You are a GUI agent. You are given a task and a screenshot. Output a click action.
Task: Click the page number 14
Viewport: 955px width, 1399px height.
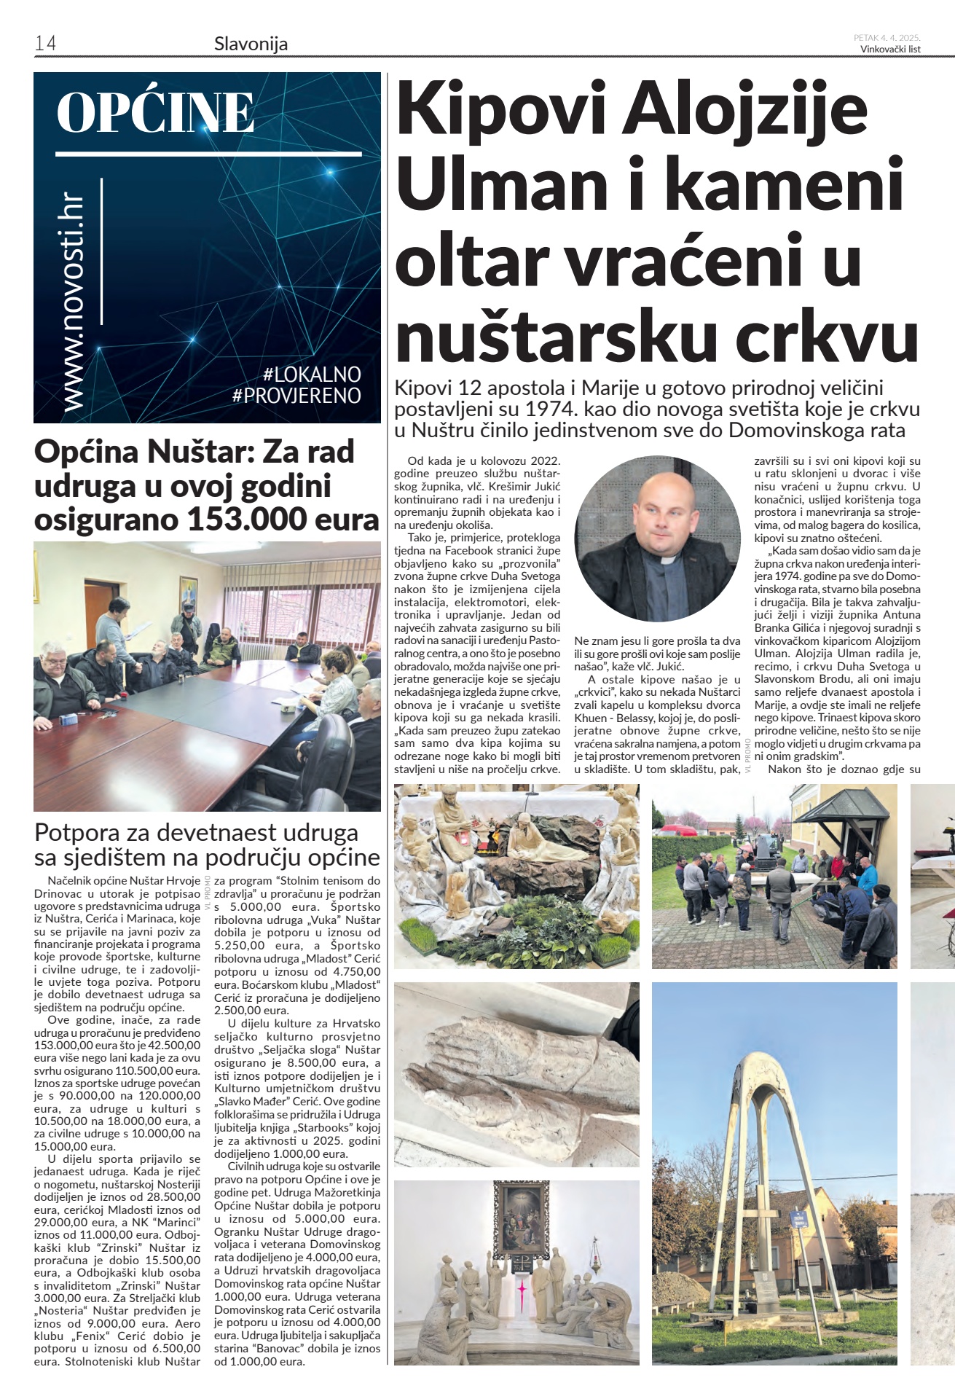(45, 44)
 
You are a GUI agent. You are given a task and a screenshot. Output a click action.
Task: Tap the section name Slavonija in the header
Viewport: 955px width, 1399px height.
(251, 44)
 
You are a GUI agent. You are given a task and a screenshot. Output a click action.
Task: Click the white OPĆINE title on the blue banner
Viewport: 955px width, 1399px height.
(155, 113)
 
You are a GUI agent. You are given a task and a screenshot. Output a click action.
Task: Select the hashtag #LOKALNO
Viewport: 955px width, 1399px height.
(312, 375)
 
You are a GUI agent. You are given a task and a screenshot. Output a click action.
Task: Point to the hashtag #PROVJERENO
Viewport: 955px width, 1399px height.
(296, 396)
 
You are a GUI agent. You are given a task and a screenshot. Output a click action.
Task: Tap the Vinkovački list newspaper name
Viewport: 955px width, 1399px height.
(890, 50)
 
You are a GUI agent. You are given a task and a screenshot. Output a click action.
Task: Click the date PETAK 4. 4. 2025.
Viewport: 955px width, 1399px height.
(887, 38)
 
